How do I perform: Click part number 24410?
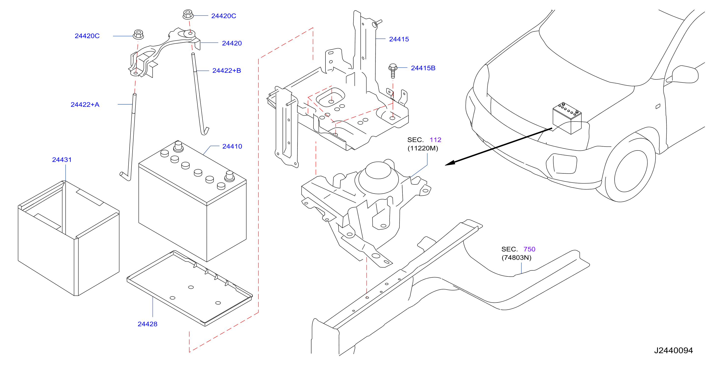click(x=232, y=146)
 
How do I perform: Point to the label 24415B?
click(x=423, y=68)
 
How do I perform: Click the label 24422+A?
click(x=85, y=105)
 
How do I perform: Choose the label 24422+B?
click(x=226, y=71)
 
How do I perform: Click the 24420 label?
click(x=232, y=43)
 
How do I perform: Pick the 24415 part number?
click(x=399, y=39)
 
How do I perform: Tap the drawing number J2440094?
click(x=673, y=350)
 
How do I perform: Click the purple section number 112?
click(x=435, y=140)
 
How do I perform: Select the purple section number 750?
click(x=529, y=249)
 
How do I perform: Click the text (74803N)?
click(x=516, y=258)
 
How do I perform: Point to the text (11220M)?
click(x=423, y=148)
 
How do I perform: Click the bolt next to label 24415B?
click(x=393, y=71)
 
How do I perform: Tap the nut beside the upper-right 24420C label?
click(x=188, y=14)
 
